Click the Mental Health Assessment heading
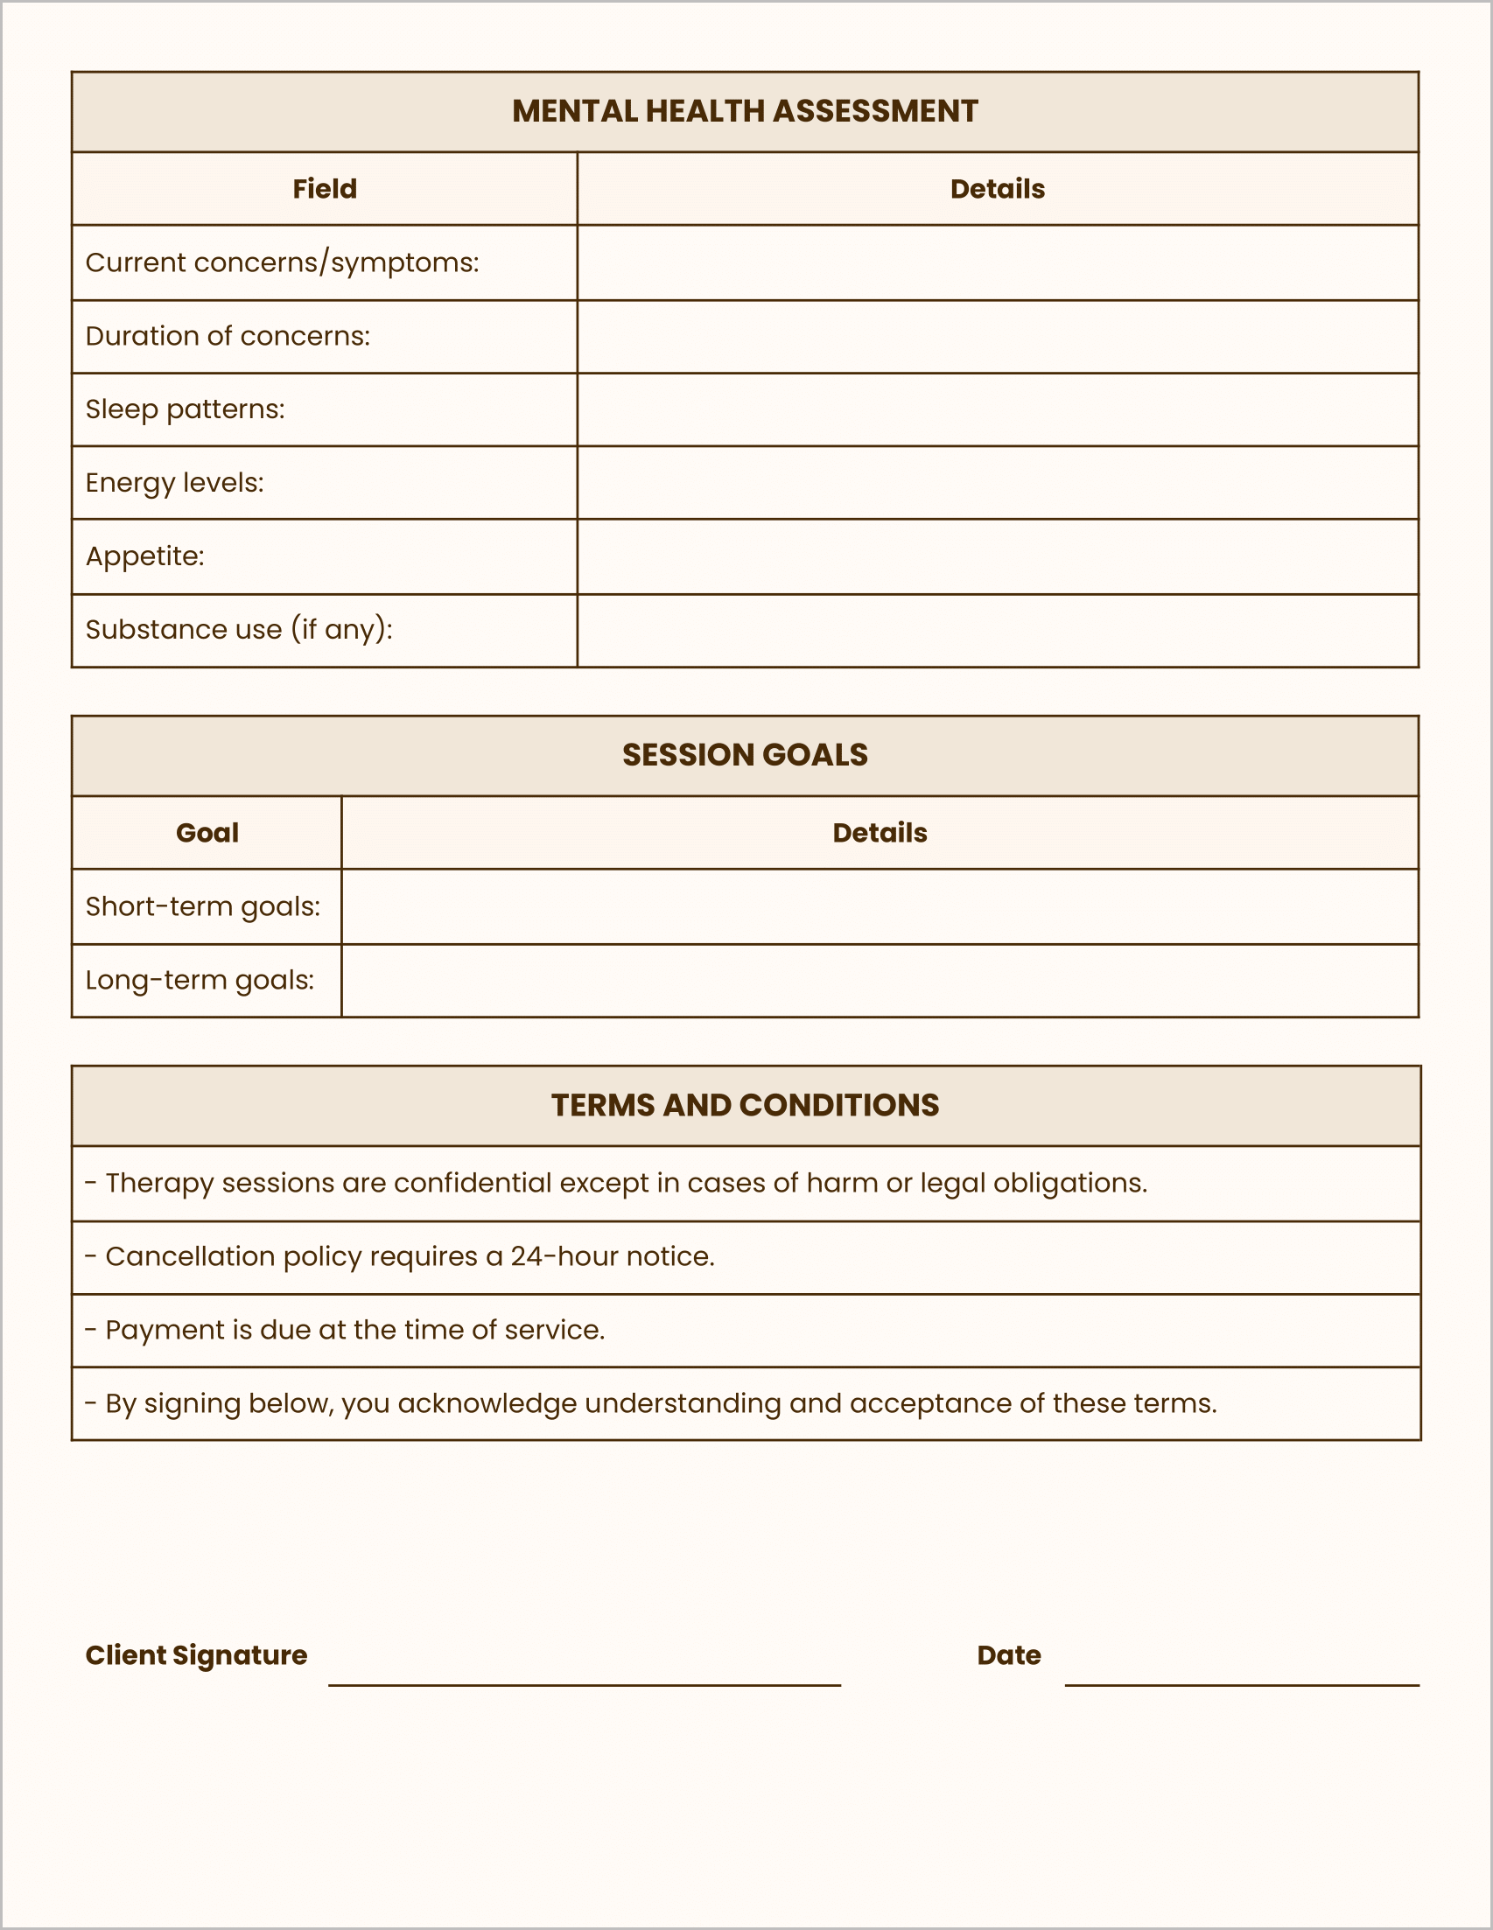tap(745, 111)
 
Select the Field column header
tap(325, 189)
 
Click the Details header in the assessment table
tap(997, 189)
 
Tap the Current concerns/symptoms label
tap(282, 262)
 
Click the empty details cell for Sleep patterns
tap(997, 409)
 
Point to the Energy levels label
tap(174, 483)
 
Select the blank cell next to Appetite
tap(997, 556)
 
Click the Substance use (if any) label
tap(239, 629)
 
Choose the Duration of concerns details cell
tap(997, 336)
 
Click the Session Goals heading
tap(745, 755)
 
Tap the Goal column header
tap(207, 832)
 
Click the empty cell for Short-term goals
tap(880, 906)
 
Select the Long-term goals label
tap(200, 980)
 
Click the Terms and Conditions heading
tap(745, 1106)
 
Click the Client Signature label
tap(196, 1654)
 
